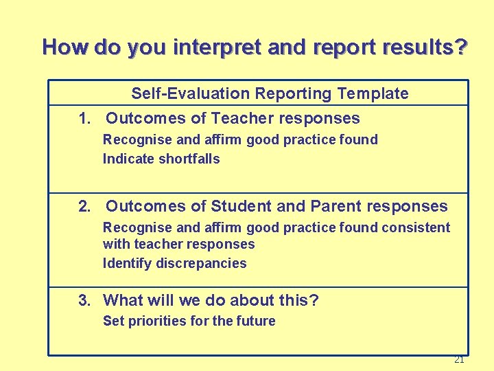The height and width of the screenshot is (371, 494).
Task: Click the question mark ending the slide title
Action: click(x=461, y=47)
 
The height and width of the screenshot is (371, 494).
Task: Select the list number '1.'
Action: click(x=85, y=118)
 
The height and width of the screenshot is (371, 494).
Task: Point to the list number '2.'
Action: click(x=85, y=206)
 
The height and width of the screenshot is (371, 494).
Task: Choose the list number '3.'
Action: click(x=85, y=300)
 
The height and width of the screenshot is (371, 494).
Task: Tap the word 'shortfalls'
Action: click(x=189, y=159)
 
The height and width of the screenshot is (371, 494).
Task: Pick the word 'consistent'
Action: click(x=417, y=227)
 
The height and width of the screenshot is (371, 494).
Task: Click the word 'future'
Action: click(x=255, y=321)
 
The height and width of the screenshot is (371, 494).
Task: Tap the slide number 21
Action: click(x=459, y=359)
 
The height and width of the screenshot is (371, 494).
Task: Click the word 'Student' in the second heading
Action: click(x=244, y=206)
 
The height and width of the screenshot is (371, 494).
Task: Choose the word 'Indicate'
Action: click(x=128, y=159)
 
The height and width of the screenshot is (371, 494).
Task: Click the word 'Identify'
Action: click(x=127, y=263)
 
